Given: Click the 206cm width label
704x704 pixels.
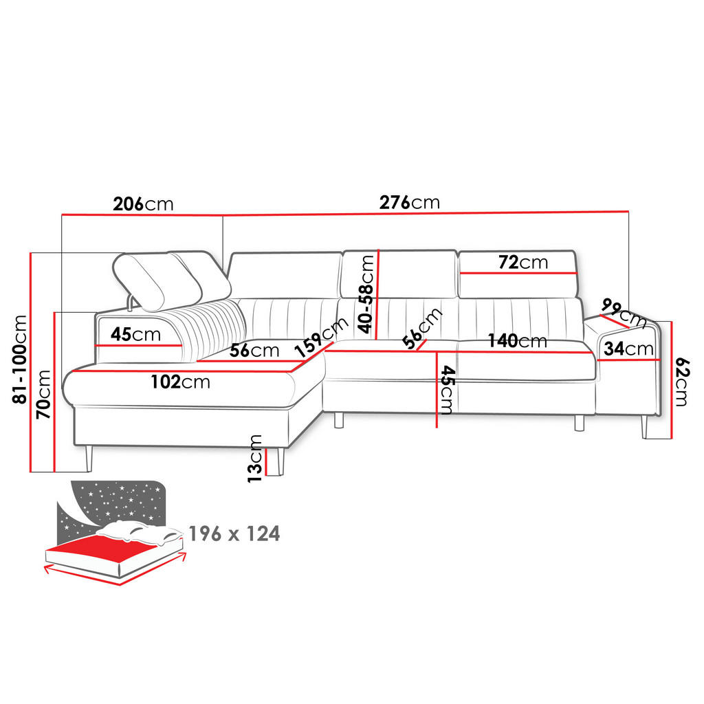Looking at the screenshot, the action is point(143,204).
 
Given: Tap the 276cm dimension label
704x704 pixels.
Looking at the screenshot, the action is point(410,203).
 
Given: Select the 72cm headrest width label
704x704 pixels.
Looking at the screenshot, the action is point(523,262).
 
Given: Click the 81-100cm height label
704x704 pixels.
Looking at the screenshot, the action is point(20,359).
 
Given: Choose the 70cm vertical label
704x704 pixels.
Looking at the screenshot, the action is point(43,395).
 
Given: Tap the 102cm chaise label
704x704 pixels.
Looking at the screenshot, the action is point(181,382).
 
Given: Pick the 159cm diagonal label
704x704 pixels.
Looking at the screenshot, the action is point(322,337).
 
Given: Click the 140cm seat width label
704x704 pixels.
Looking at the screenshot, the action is point(518,341).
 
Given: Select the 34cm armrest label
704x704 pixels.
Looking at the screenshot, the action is point(628,349).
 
